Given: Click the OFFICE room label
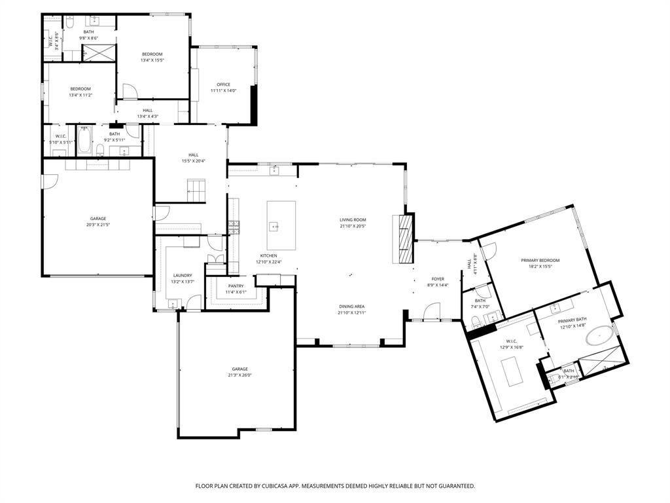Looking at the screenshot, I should [224, 84].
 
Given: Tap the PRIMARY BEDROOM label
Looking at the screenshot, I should [540, 261].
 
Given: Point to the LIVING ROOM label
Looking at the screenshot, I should [352, 220].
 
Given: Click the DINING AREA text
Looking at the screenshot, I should [352, 307].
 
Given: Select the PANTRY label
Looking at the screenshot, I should [236, 286].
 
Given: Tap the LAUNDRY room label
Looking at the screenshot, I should [183, 275].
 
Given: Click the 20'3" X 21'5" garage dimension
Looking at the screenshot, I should [98, 225].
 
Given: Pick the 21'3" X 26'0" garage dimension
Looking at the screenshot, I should [240, 375].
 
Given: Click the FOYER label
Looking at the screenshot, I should [438, 279].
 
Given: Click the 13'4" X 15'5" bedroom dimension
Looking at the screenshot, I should [152, 60].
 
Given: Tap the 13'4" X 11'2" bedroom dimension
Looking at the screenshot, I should [80, 95].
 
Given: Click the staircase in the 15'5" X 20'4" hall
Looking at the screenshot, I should [197, 193].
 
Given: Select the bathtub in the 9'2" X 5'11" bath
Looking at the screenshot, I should [85, 141].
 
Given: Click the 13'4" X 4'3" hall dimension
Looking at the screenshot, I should [148, 117].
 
